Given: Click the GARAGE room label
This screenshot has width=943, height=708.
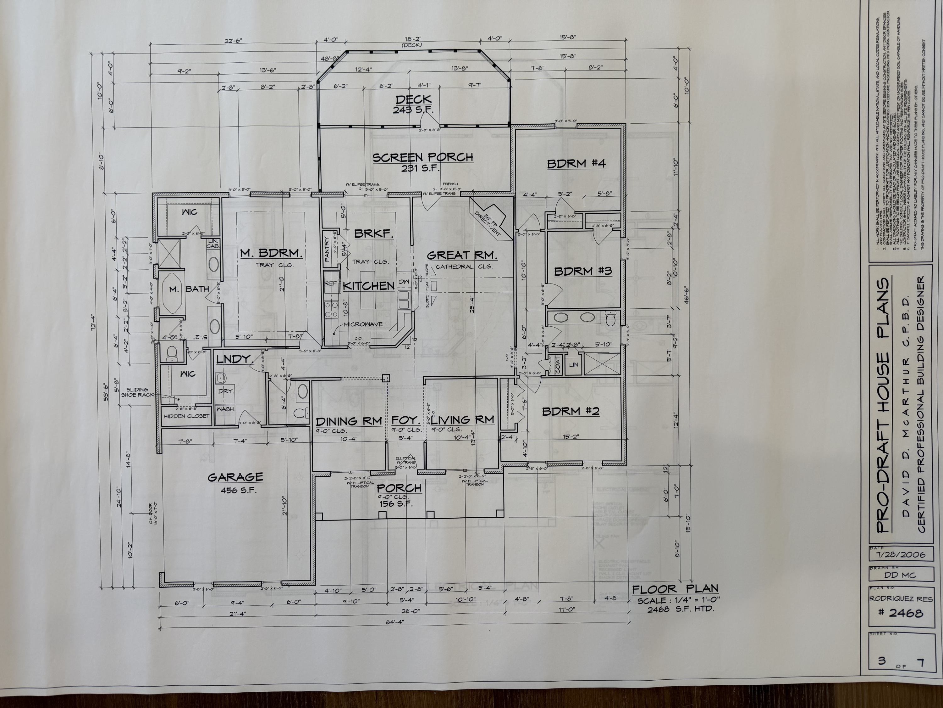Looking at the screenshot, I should pyautogui.click(x=235, y=477).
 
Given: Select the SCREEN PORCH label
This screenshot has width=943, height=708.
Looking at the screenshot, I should pyautogui.click(x=422, y=157).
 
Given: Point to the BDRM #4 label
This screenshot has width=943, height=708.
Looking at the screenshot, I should pyautogui.click(x=576, y=163).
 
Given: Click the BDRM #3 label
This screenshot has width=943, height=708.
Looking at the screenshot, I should pyautogui.click(x=583, y=271).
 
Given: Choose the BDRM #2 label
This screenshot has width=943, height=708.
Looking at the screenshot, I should pyautogui.click(x=571, y=411).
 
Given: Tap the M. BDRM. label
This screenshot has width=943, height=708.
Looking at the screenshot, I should pyautogui.click(x=271, y=253).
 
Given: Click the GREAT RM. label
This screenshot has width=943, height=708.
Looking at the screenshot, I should pyautogui.click(x=462, y=255).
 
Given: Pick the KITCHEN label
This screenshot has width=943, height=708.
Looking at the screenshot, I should pyautogui.click(x=368, y=286).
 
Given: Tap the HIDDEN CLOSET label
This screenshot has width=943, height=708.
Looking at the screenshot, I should pyautogui.click(x=186, y=416).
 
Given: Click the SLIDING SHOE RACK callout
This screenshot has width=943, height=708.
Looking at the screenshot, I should pyautogui.click(x=137, y=392).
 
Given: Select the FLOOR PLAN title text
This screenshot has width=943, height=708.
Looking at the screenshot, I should pyautogui.click(x=675, y=590).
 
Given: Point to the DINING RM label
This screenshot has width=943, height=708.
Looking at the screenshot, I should pyautogui.click(x=349, y=422).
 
